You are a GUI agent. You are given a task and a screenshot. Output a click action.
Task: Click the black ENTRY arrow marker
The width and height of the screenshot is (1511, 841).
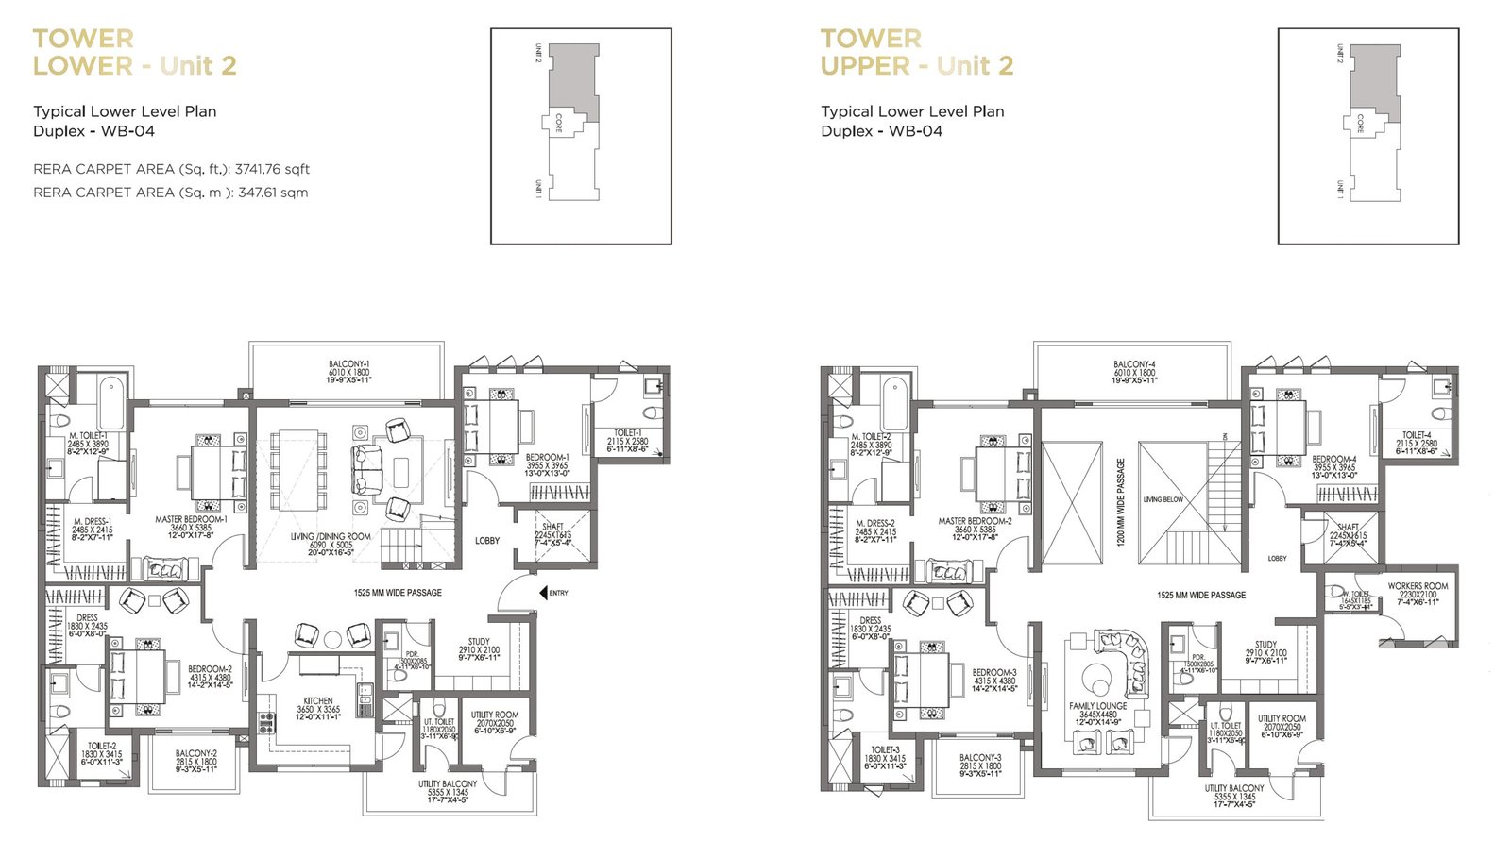point(543,593)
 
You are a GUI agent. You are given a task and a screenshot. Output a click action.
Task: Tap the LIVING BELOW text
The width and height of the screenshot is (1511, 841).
point(1163,499)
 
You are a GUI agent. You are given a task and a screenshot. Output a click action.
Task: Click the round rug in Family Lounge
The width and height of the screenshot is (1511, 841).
point(1097,678)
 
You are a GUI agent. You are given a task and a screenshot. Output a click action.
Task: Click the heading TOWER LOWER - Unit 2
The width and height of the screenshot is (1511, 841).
point(133,52)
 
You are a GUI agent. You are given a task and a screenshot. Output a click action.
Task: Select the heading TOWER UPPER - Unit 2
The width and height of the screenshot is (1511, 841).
point(916,52)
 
